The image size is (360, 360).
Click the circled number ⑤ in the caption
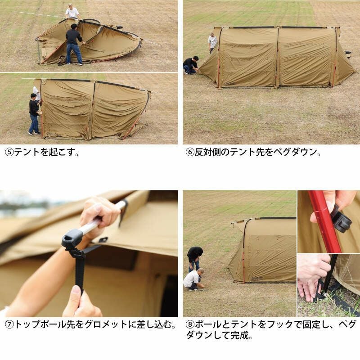(x=9, y=152)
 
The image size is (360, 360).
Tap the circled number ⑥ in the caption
(x=190, y=152)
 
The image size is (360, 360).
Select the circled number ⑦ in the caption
(x=9, y=324)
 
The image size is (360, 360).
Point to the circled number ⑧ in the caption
(x=190, y=324)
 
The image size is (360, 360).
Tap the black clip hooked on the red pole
(x=342, y=218)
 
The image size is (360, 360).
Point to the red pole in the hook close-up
(x=325, y=221)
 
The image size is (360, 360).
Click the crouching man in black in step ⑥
(x=190, y=65)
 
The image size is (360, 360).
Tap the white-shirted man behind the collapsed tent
(x=72, y=12)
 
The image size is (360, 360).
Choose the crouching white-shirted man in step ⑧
(x=193, y=279)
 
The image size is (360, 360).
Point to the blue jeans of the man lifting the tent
(x=74, y=53)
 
